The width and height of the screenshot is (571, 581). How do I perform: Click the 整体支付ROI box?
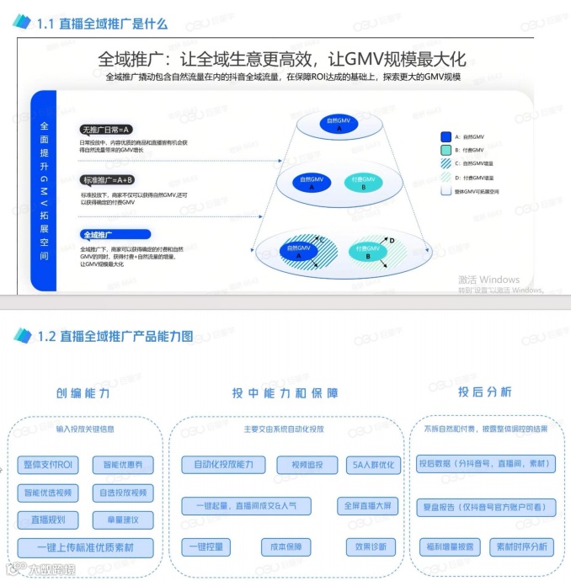tap(48, 464)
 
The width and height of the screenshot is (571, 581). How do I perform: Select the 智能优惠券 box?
tap(123, 464)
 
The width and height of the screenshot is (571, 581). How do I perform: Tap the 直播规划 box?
tap(48, 520)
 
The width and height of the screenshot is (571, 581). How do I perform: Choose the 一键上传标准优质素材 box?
tap(86, 547)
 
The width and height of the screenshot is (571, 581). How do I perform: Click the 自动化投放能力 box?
tap(223, 464)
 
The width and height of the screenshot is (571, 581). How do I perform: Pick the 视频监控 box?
tap(307, 464)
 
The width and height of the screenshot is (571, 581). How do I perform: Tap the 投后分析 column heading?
tap(484, 392)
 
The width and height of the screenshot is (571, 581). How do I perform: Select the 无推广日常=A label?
tap(106, 130)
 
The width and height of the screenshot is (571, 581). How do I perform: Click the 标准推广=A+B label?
tap(107, 180)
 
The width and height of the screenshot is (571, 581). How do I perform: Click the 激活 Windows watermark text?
tap(488, 280)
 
